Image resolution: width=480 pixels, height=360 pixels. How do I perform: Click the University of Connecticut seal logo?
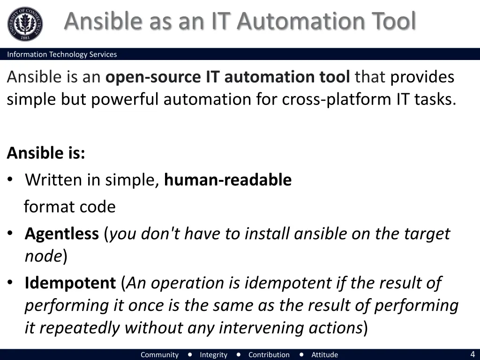pos(25,24)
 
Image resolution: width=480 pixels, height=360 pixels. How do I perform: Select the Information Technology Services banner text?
pos(62,54)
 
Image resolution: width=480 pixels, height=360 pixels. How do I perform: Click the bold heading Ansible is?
pos(46,153)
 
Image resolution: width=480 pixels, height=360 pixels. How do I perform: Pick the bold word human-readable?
pos(228,180)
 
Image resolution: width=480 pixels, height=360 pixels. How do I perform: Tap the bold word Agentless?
pos(62,233)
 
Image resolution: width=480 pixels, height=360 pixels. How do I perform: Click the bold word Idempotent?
pos(70,283)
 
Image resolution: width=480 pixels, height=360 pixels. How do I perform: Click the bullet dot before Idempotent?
pos(11,284)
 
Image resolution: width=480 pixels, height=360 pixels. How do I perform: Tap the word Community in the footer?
pos(159,354)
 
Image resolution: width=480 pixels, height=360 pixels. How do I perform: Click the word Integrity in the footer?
pos(213,354)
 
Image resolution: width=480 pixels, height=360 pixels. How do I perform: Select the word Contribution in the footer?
pos(269,354)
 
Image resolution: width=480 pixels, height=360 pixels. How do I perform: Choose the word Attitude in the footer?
pos(324,354)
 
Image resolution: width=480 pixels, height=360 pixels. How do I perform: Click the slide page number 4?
pos(472,354)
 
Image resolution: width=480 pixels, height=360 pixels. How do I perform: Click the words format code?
pos(69,206)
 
